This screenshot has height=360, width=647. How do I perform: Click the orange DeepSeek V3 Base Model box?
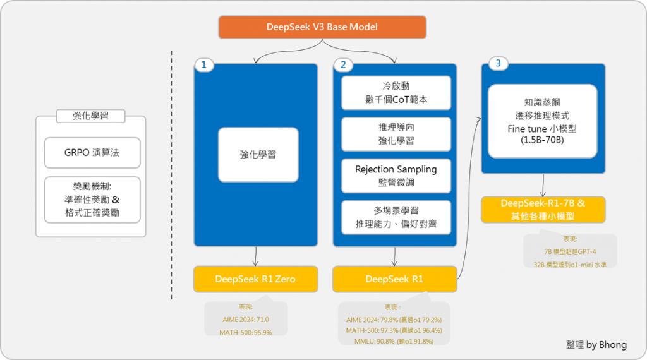click(322, 27)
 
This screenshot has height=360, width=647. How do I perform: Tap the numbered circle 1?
click(204, 65)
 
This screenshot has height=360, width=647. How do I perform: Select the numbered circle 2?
click(343, 65)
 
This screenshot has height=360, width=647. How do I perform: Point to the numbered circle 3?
click(498, 64)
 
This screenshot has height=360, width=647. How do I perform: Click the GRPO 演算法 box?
click(92, 153)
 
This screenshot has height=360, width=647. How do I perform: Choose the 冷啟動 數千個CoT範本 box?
click(396, 93)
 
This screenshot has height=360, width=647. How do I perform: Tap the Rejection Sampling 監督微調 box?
click(396, 176)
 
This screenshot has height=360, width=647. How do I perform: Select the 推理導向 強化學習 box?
click(396, 134)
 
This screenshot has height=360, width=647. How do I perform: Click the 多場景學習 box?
click(396, 217)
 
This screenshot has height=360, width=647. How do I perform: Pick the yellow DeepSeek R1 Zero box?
click(256, 279)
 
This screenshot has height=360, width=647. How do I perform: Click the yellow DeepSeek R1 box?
click(394, 279)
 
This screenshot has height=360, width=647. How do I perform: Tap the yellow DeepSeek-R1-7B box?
click(543, 210)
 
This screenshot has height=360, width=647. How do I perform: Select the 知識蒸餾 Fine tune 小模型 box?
click(542, 121)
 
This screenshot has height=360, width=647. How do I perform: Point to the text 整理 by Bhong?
click(596, 345)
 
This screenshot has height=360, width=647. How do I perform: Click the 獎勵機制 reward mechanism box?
click(92, 200)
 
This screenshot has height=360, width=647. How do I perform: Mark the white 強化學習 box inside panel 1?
click(258, 155)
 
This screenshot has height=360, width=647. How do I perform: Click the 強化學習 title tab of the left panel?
click(91, 116)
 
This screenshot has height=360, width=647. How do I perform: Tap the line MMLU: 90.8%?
click(394, 342)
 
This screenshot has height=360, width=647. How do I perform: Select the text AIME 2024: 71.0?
click(246, 320)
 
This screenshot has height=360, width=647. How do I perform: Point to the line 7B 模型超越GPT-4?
click(570, 251)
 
